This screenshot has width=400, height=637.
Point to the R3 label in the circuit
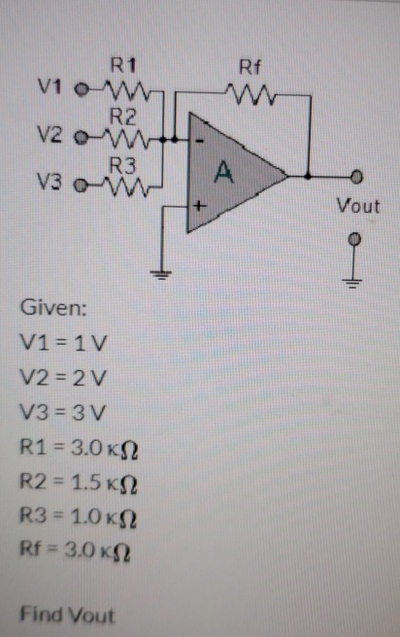tap(122, 163)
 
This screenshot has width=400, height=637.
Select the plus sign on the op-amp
tap(199, 207)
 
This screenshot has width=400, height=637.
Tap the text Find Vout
tap(67, 615)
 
